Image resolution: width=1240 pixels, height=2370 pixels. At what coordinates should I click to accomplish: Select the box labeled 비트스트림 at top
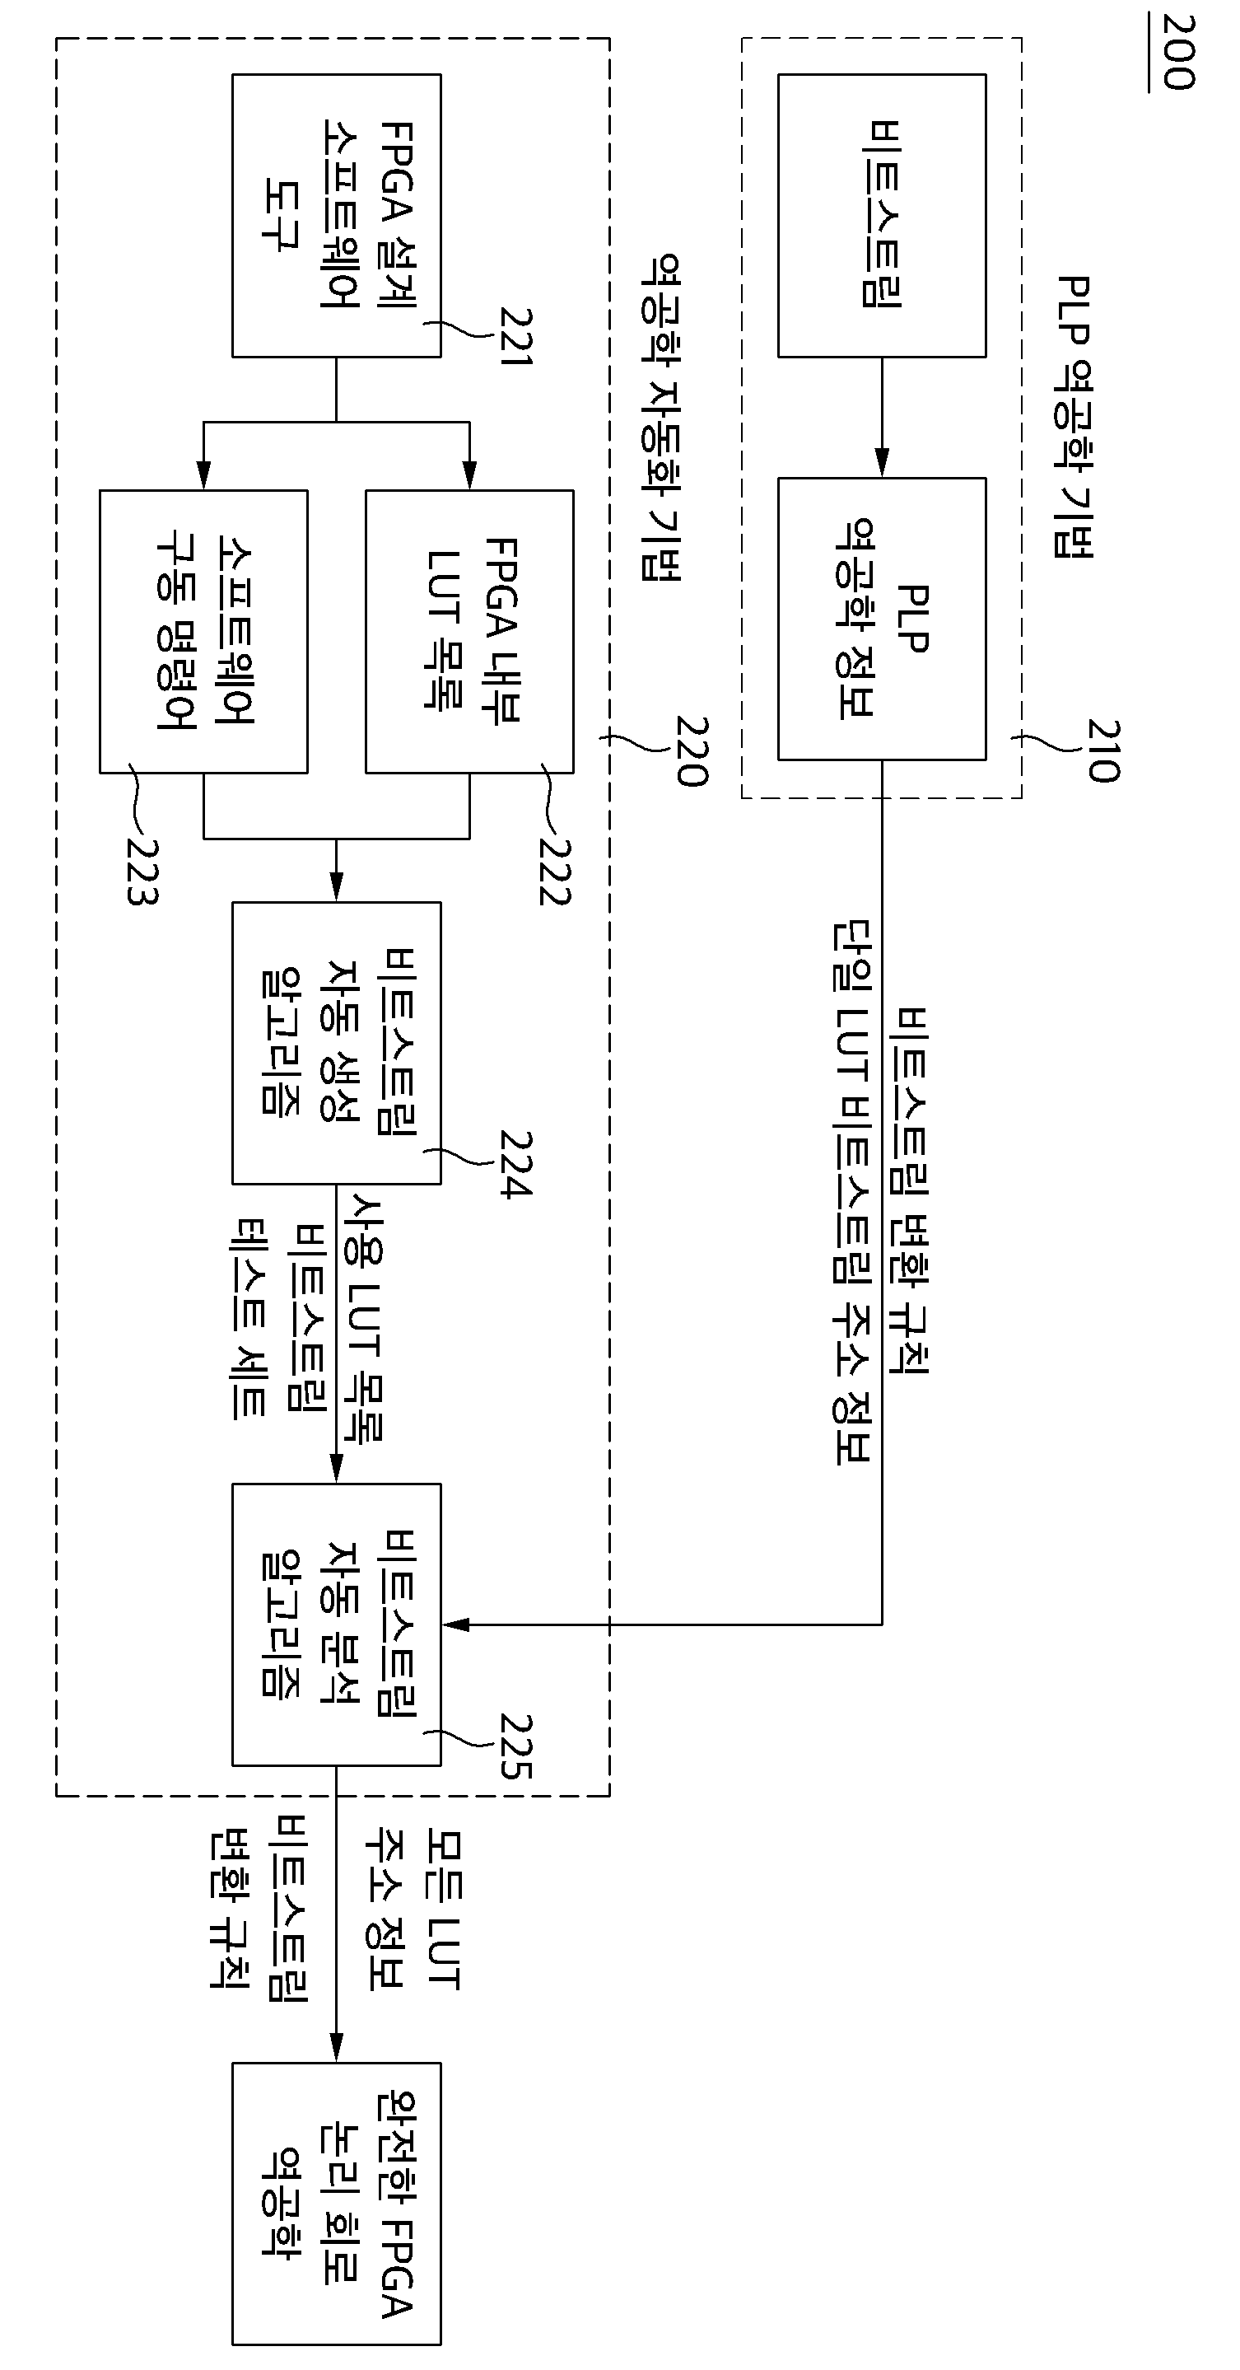click(881, 215)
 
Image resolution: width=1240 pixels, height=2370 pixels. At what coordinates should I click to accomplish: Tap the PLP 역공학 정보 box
click(881, 619)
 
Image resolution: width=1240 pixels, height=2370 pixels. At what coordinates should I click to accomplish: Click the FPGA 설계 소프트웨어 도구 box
click(336, 215)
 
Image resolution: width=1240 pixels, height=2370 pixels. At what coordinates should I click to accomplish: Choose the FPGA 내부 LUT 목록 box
click(469, 631)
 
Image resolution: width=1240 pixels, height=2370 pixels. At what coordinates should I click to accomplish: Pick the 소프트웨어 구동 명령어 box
click(203, 631)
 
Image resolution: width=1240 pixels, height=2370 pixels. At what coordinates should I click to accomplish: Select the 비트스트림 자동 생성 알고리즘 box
click(336, 1042)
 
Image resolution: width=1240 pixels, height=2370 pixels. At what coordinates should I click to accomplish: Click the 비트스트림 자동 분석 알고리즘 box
click(336, 1624)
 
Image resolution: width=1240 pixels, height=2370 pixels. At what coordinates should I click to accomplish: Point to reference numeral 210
click(1103, 750)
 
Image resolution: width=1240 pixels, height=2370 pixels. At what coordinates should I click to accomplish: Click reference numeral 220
click(692, 751)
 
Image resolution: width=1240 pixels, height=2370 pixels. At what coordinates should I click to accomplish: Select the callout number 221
click(516, 336)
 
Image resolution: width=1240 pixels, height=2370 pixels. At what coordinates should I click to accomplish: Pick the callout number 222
click(555, 872)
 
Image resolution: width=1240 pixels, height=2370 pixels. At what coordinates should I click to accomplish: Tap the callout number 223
click(142, 872)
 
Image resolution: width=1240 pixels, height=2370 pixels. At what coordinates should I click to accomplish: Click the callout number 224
click(516, 1164)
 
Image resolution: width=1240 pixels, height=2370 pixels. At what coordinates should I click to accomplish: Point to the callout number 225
click(516, 1746)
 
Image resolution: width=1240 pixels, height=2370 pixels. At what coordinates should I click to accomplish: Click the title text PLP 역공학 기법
click(1073, 416)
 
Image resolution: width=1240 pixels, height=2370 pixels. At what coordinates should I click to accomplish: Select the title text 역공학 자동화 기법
click(660, 417)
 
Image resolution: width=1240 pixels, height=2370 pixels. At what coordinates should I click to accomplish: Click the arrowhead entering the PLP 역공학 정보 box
click(881, 463)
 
